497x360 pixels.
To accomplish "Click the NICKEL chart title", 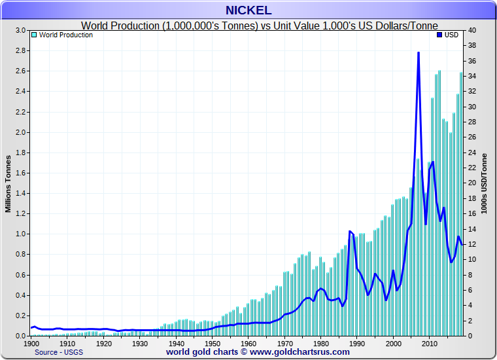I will click(248, 10).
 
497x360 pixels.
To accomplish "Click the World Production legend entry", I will click(65, 35).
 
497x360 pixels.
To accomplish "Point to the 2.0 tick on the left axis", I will click(21, 132).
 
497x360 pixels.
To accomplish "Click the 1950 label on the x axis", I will click(212, 343).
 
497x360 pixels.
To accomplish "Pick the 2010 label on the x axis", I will click(429, 343).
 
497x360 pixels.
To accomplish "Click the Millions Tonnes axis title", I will click(9, 183).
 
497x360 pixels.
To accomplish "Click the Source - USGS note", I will click(56, 352).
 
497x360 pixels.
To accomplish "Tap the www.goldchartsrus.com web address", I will click(299, 352).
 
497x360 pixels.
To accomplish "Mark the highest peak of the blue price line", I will click(418, 53).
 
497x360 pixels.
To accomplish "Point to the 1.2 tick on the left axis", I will click(21, 213).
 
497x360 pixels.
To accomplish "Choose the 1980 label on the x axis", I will click(320, 343).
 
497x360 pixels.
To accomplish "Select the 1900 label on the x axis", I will click(31, 343).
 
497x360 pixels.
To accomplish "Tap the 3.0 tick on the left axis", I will click(21, 30).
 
